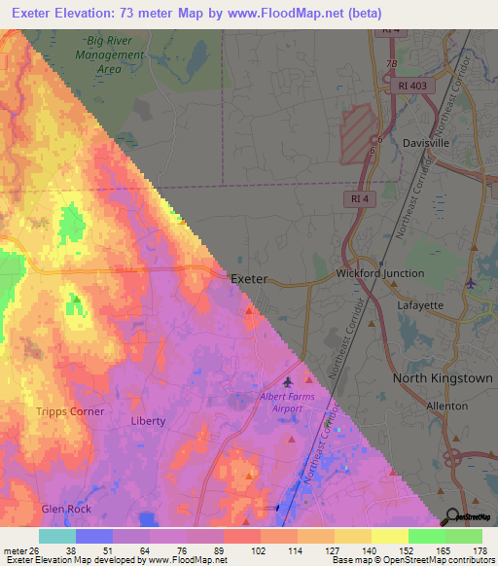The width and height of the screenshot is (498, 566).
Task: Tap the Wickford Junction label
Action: pyautogui.click(x=380, y=273)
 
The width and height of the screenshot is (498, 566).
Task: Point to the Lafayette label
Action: pyautogui.click(x=420, y=304)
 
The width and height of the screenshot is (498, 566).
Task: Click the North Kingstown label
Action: pyautogui.click(x=443, y=377)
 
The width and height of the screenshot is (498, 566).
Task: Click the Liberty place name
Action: pyautogui.click(x=148, y=421)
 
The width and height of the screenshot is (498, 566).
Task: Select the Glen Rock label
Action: pyautogui.click(x=66, y=509)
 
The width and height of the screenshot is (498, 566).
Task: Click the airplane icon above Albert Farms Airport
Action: pyautogui.click(x=288, y=381)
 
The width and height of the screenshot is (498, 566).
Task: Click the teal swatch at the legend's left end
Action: pyautogui.click(x=57, y=536)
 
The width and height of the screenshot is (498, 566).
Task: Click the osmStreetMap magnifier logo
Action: pyautogui.click(x=451, y=517)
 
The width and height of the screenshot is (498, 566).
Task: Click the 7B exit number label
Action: pyautogui.click(x=392, y=64)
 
